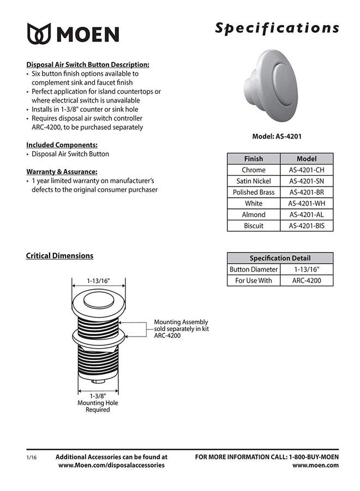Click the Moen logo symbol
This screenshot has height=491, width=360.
point(39,33)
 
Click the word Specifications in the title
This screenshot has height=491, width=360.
point(277,28)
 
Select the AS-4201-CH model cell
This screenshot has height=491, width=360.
point(306,170)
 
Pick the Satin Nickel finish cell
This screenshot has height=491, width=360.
point(254,181)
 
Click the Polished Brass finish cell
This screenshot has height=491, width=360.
point(254,192)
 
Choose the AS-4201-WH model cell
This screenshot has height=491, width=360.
point(306,203)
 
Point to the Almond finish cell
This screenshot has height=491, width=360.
point(254,214)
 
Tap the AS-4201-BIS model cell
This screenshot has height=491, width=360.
point(306,225)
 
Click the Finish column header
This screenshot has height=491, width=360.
point(254,159)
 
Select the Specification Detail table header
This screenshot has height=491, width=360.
point(280,258)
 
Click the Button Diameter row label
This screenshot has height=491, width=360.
point(254,270)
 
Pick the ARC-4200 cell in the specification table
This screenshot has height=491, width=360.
point(306,281)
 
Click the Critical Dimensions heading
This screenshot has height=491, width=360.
point(59,255)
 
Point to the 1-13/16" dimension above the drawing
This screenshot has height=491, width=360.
point(98,281)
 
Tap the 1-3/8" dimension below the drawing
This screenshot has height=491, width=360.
point(98,396)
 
